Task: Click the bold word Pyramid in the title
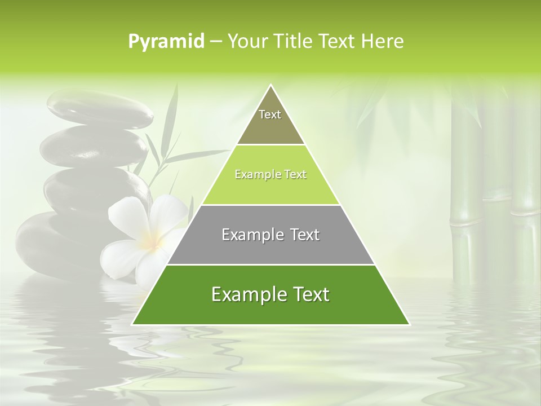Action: [166, 42]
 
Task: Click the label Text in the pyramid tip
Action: [270, 114]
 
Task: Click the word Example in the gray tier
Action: [252, 235]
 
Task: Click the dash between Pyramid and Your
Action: [216, 42]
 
